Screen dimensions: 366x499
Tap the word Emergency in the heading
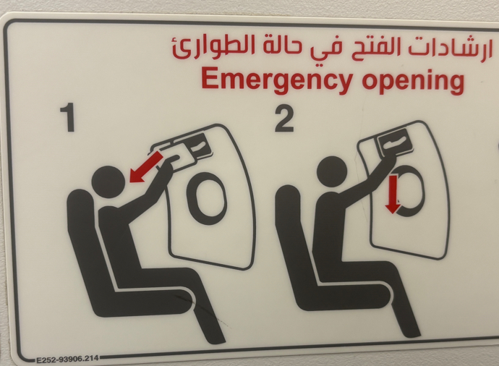(x=269, y=80)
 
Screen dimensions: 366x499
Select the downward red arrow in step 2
(x=392, y=194)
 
